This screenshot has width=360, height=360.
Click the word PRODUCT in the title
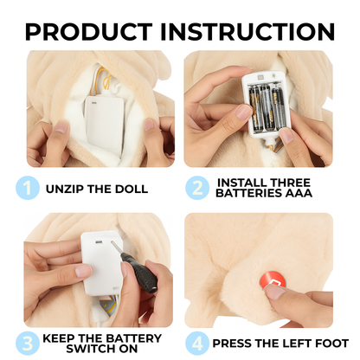89,31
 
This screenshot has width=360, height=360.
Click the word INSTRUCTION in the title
247,31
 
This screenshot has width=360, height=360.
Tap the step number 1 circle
28,188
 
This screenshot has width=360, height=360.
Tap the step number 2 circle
197,188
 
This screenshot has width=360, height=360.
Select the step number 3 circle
28,344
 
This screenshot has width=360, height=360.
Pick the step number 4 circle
197,344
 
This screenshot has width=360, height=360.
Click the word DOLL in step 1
132,189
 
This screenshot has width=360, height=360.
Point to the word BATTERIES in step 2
249,193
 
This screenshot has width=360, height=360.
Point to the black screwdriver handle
140,272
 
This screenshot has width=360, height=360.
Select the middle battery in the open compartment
267,107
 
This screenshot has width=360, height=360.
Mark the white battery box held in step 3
102,263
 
